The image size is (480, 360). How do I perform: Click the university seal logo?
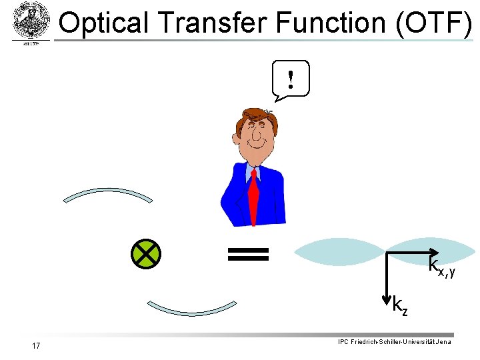point(31,21)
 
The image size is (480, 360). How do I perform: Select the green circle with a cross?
point(146,253)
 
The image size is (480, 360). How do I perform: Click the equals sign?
point(248,253)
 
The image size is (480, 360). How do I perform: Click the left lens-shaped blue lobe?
point(341,253)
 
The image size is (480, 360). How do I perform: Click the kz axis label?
point(400,305)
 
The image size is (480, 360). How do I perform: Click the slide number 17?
point(36,345)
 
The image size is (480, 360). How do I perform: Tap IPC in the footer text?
point(343,342)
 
